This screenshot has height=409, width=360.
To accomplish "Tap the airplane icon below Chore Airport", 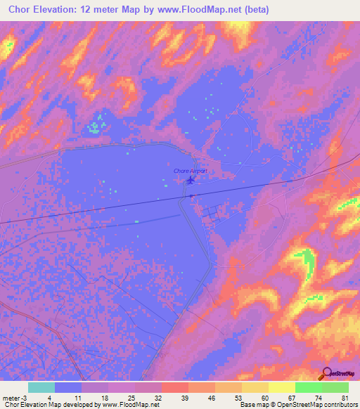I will (x=191, y=181).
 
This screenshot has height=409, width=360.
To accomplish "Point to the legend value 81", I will (x=345, y=396).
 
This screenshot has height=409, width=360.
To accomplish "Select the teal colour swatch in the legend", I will (x=41, y=387).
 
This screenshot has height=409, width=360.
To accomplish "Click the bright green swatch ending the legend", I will (x=335, y=387).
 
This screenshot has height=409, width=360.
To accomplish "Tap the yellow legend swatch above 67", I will (x=281, y=387).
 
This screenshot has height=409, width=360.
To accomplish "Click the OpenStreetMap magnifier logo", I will (x=326, y=375).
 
